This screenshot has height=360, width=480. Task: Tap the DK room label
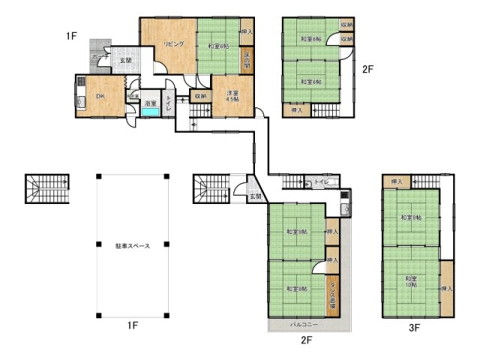point(100,95)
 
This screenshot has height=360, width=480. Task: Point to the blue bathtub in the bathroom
point(151,112)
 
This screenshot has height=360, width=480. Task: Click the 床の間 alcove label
point(246,61)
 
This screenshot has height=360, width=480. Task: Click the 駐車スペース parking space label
point(131,246)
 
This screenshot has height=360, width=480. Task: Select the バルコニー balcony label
point(304,325)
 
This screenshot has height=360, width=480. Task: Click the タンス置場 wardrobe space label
point(331,295)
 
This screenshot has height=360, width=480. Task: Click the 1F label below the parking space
point(133,325)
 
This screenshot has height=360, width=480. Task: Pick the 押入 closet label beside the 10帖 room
point(446,289)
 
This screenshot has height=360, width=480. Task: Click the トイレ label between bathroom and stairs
point(169,105)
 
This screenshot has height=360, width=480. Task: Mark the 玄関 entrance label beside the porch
point(124,61)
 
